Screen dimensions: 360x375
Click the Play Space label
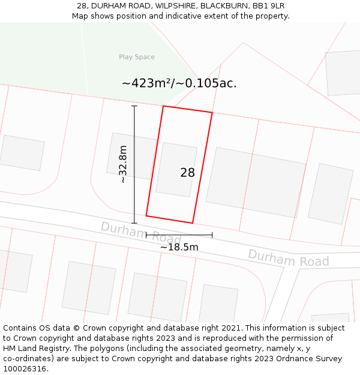pyautogui.click(x=137, y=57)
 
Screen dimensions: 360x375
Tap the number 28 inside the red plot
pyautogui.click(x=187, y=173)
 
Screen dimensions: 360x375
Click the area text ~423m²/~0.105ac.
pyautogui.click(x=179, y=83)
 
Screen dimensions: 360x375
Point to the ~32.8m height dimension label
pyautogui.click(x=122, y=164)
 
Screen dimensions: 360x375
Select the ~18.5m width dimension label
pyautogui.click(x=179, y=247)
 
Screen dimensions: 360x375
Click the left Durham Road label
pyautogui.click(x=140, y=233)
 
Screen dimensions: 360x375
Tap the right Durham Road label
pyautogui.click(x=288, y=259)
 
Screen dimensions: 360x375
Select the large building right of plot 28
pyautogui.click(x=256, y=182)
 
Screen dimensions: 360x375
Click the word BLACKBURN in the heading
pyautogui.click(x=222, y=6)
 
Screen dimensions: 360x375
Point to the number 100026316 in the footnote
pyautogui.click(x=24, y=369)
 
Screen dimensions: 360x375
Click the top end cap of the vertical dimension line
pyautogui.click(x=134, y=106)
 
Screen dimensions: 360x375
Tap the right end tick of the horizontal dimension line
pyautogui.click(x=212, y=235)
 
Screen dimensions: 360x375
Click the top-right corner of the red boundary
pyautogui.click(x=212, y=112)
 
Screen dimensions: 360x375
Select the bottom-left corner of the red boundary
pyautogui.click(x=146, y=215)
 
